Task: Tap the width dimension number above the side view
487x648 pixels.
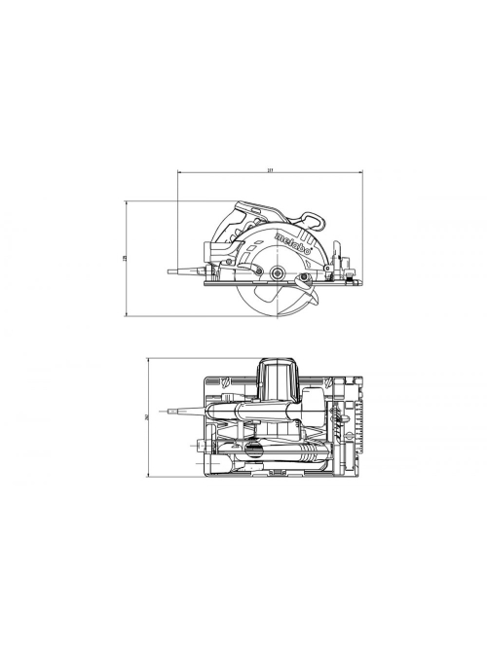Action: [x=270, y=170]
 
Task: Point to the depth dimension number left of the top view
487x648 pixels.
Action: [x=144, y=417]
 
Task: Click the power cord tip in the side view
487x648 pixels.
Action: [x=170, y=271]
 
